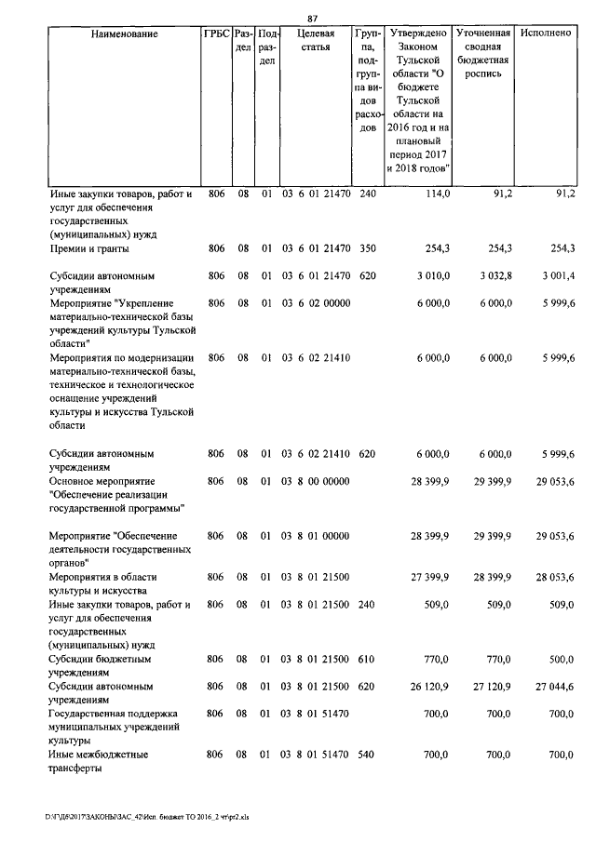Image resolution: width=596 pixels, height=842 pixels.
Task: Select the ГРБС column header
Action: pyautogui.click(x=216, y=34)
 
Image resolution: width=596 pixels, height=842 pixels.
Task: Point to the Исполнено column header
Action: pyautogui.click(x=546, y=34)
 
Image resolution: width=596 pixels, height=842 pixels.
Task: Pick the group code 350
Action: pyautogui.click(x=367, y=248)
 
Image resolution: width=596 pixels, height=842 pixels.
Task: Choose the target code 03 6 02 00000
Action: pyautogui.click(x=316, y=303)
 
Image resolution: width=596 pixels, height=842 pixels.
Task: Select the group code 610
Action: pyautogui.click(x=367, y=659)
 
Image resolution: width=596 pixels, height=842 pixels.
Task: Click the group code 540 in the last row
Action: pyautogui.click(x=367, y=755)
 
